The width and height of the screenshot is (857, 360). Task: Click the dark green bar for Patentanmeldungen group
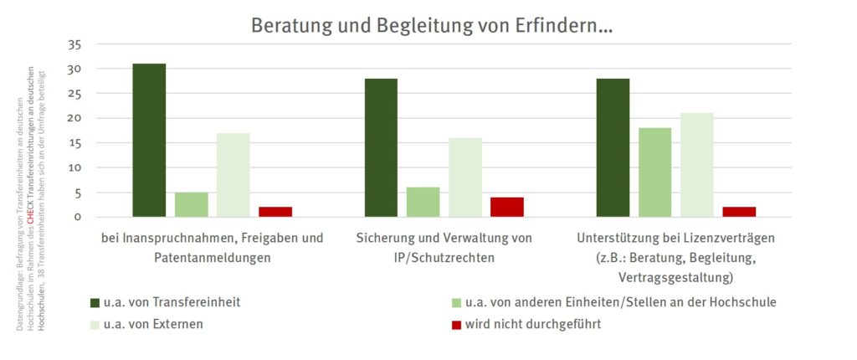(x=149, y=140)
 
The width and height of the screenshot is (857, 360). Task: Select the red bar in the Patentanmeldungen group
(x=275, y=212)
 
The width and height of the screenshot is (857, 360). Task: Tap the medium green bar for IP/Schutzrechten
(x=423, y=203)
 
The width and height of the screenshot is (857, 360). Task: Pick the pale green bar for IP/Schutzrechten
(x=464, y=177)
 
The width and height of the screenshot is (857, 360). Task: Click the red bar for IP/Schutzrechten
(x=507, y=207)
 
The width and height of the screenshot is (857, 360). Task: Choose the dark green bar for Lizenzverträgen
(x=613, y=147)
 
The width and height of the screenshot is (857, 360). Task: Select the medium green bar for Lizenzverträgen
(x=654, y=172)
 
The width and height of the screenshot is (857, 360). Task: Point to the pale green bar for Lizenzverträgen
(x=696, y=165)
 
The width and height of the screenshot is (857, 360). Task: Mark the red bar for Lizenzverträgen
(x=739, y=212)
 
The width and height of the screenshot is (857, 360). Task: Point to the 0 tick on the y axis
(x=77, y=217)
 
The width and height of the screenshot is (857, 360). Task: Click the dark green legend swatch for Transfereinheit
(x=94, y=301)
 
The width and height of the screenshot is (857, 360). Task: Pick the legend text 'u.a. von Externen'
(x=152, y=323)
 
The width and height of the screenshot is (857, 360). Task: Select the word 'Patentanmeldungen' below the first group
(x=212, y=257)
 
